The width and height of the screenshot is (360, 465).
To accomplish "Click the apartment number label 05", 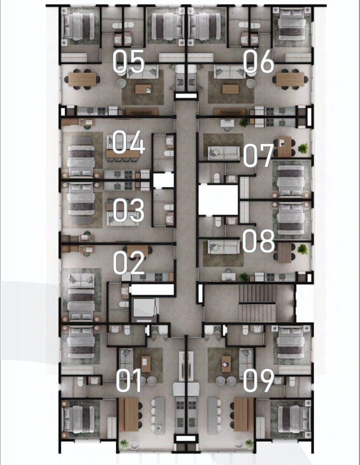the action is (129, 61).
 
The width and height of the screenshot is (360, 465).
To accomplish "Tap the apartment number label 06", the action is (258, 61).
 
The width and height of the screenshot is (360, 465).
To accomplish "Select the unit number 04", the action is (129, 142).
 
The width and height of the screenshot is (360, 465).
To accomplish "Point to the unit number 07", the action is (258, 155).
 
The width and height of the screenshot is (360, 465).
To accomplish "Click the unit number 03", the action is (129, 210).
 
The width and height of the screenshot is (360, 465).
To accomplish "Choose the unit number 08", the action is (258, 241).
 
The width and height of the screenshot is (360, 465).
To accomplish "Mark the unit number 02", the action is (129, 262).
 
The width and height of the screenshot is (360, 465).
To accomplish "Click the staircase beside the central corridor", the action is (257, 303).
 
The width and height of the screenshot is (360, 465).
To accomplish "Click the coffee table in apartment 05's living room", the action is (143, 89).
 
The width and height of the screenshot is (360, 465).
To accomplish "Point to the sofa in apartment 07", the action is (224, 153).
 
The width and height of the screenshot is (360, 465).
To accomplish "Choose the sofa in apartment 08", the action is (224, 247).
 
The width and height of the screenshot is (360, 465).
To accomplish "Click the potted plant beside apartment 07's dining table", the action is (303, 148).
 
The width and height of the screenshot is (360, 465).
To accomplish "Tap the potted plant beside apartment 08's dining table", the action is (303, 249).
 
